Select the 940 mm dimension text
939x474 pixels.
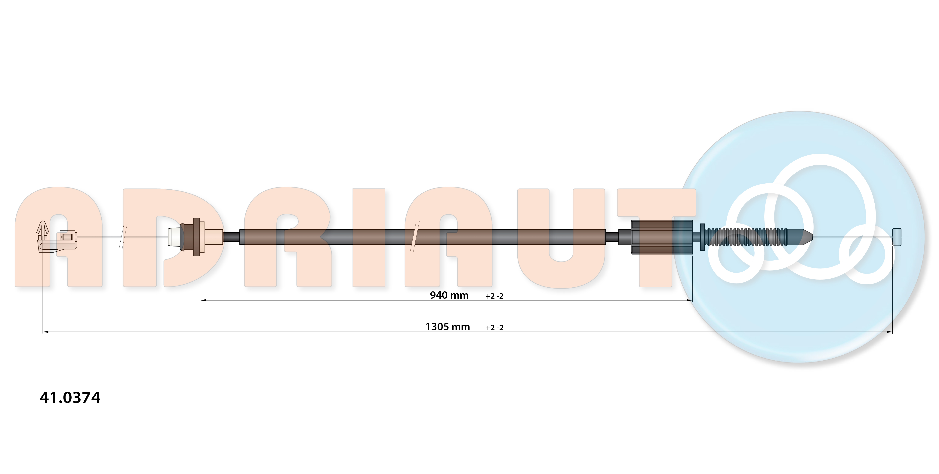click(x=449, y=295)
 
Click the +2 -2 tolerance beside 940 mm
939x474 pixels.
click(x=494, y=296)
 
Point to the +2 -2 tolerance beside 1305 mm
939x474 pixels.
click(x=494, y=328)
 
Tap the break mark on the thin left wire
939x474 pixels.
click(x=123, y=237)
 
